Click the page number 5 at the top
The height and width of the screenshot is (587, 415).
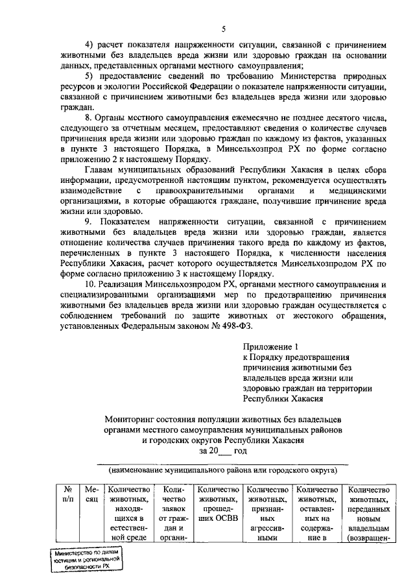click(222, 29)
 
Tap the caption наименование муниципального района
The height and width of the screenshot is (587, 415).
click(222, 468)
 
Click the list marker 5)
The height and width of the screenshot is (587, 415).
click(90, 76)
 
